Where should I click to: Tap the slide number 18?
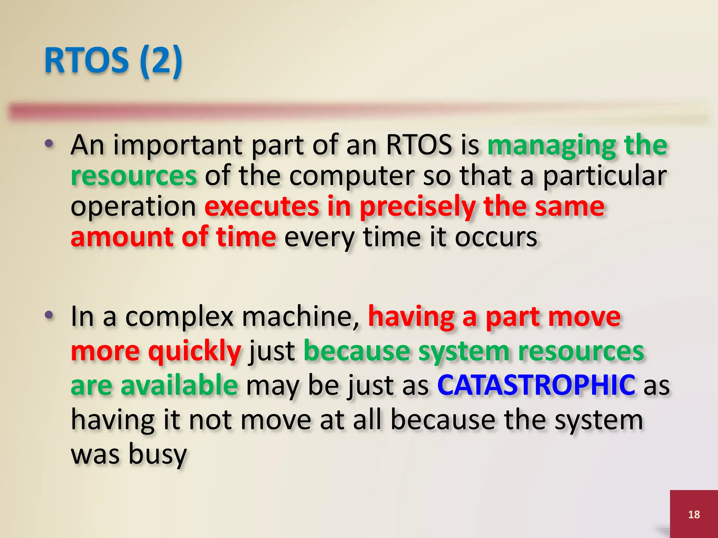(x=694, y=514)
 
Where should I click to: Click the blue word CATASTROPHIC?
(x=536, y=385)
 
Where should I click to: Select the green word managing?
(x=551, y=145)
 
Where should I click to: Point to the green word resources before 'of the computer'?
(x=134, y=176)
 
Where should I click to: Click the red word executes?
(x=262, y=207)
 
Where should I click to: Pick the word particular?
(x=605, y=176)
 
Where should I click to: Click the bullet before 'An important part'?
(x=49, y=144)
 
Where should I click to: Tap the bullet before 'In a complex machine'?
(x=49, y=315)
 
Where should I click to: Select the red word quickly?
(x=195, y=351)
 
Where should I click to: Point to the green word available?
(x=179, y=385)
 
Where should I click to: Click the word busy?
(x=157, y=454)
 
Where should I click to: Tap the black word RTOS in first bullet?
(x=419, y=145)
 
